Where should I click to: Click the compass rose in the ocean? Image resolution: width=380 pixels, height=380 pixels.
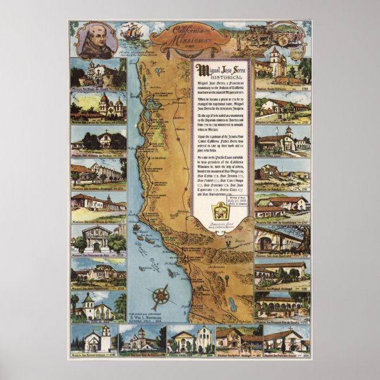point(160,294)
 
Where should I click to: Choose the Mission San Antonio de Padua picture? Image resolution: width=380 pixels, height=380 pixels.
point(98,139)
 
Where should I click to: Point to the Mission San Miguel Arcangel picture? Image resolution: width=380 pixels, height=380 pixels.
point(282,273)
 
